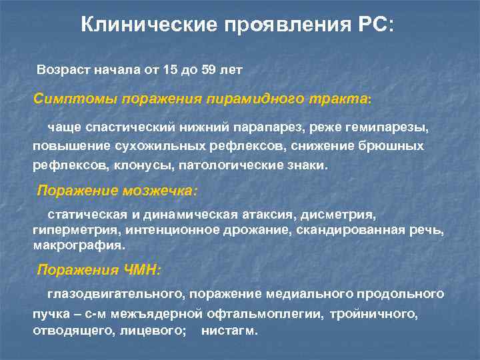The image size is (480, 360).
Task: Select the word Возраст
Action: (62, 70)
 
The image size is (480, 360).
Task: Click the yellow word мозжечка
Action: (160, 191)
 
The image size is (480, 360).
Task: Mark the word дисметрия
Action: (339, 216)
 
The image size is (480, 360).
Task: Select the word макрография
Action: (79, 245)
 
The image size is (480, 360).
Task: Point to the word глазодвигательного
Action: (117, 294)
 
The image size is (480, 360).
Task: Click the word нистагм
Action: (229, 331)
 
